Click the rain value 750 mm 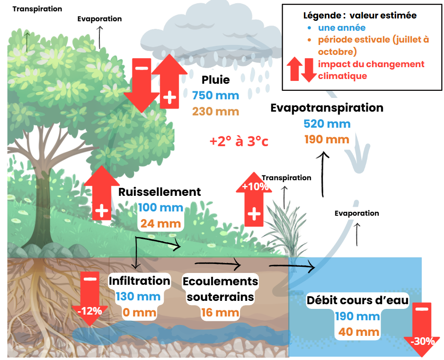(215, 95)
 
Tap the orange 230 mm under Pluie (215, 112)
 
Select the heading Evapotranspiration (327, 108)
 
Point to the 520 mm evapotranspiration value (327, 124)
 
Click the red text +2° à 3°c (239, 141)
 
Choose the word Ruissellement (160, 192)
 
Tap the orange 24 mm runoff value (160, 223)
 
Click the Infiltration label (139, 281)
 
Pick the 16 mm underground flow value (220, 313)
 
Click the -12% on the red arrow (89, 311)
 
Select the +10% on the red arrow (255, 186)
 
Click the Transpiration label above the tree (37, 9)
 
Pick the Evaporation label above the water (356, 213)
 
